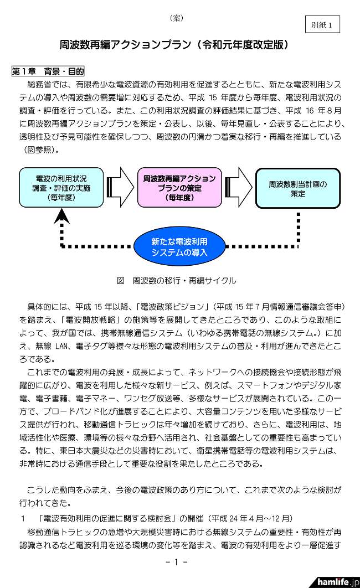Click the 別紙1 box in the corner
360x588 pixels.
[x=322, y=25]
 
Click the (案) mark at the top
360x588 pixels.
[x=177, y=18]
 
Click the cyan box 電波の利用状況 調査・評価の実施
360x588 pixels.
[x=61, y=187]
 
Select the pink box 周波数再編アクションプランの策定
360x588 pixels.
[x=179, y=187]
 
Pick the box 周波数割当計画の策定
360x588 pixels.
[x=298, y=188]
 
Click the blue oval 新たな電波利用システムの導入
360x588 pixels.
[x=179, y=246]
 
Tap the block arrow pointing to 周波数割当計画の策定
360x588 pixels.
[x=239, y=183]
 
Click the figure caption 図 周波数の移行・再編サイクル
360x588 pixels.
[x=176, y=281]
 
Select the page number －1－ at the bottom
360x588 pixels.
[x=177, y=562]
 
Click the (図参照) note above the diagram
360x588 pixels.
[x=42, y=149]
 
